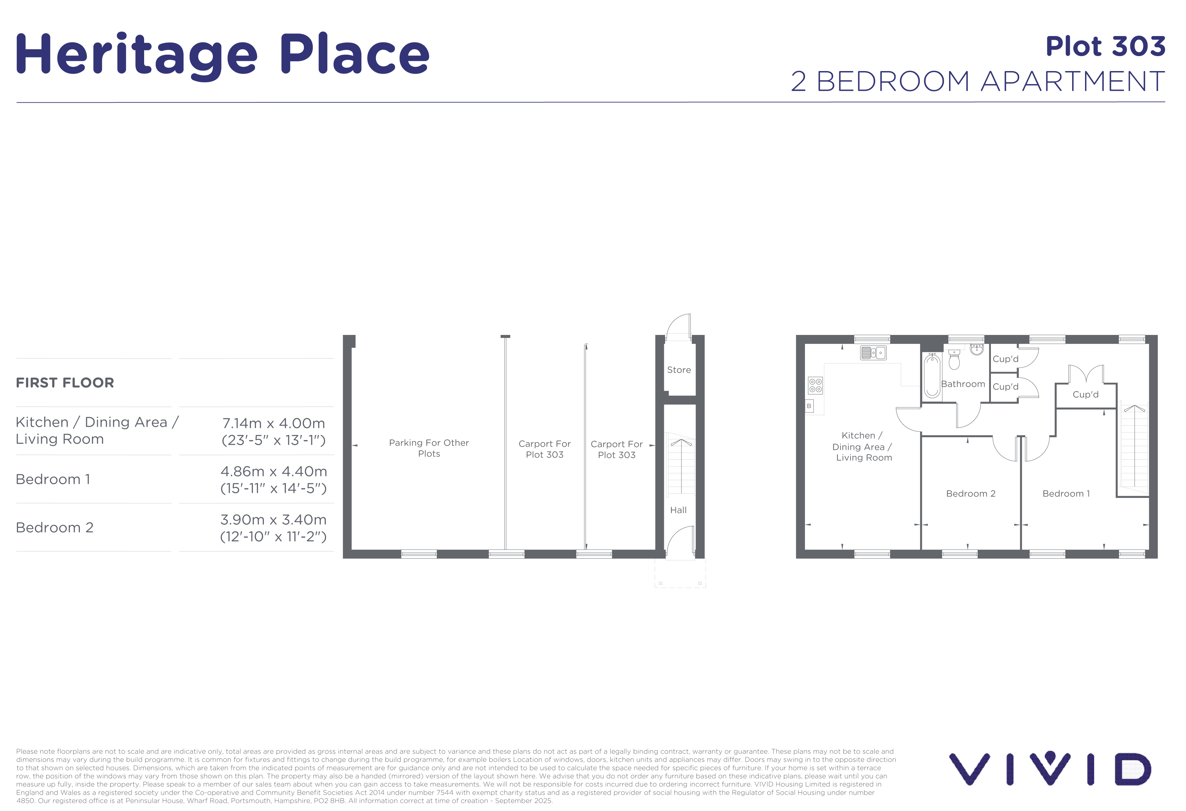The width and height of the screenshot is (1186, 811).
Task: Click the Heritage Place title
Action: (223, 55)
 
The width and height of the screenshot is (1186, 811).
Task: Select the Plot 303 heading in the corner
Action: (1105, 47)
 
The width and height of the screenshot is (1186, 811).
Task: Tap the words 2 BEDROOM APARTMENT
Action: (978, 81)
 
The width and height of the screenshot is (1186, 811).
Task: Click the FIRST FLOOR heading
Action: (65, 383)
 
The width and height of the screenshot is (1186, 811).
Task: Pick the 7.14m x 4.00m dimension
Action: (274, 423)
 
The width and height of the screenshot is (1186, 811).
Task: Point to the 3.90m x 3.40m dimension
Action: (274, 520)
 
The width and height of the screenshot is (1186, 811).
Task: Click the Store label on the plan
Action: (679, 370)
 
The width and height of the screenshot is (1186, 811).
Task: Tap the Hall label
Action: (678, 510)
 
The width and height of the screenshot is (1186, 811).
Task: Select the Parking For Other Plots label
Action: (429, 448)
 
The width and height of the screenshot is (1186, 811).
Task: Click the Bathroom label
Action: (963, 384)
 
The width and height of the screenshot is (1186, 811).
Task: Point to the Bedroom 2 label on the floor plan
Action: (970, 493)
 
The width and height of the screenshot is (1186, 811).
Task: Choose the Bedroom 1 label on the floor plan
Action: (1066, 493)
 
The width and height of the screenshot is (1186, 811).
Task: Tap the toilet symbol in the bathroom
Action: (954, 359)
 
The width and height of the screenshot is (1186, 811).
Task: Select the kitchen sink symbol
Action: (873, 353)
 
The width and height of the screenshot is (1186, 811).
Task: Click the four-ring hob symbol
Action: (815, 385)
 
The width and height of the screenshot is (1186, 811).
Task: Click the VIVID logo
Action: (1050, 768)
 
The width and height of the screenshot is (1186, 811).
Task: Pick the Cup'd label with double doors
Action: (1085, 394)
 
